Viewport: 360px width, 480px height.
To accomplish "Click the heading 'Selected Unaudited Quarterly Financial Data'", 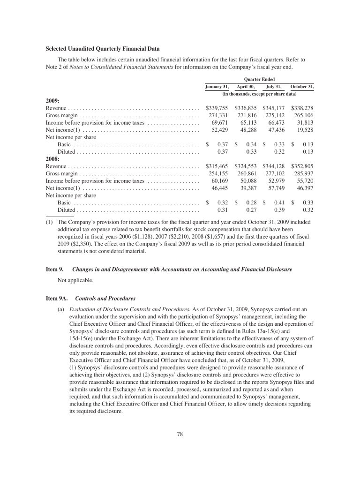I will point(102,49).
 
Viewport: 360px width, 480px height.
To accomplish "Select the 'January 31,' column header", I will point(217,87).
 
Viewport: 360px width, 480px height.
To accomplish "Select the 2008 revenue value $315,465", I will point(217,166).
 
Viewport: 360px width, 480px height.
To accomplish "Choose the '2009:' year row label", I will point(52,101).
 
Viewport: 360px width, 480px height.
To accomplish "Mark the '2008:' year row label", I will point(52,159).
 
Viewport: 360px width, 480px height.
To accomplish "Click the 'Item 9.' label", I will point(54,270).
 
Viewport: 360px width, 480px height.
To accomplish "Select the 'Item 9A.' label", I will point(56,298).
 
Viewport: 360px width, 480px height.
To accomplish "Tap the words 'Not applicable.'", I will point(75,280).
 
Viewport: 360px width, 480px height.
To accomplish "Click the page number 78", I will point(180,434).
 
